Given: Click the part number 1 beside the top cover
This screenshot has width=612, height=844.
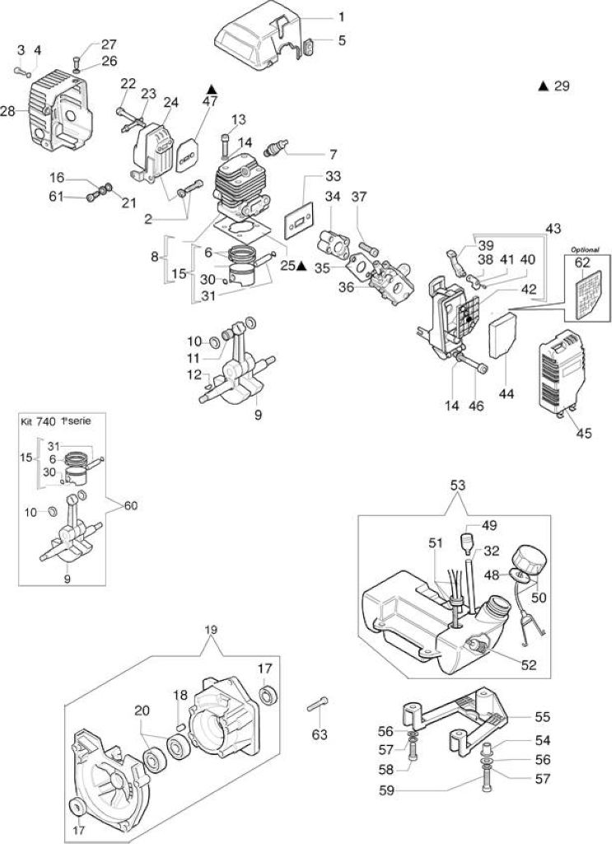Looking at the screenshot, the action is [x=341, y=17].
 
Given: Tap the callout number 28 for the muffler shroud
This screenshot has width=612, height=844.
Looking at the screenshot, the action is [x=8, y=112].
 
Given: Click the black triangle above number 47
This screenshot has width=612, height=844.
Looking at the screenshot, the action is [x=211, y=89].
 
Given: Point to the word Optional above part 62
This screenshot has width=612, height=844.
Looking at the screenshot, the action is [x=585, y=250].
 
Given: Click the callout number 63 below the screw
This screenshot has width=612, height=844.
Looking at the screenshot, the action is [x=320, y=734].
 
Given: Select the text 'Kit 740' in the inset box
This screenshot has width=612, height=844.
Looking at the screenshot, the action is [x=38, y=421].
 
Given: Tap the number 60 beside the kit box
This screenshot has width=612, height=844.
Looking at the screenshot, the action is [x=131, y=505].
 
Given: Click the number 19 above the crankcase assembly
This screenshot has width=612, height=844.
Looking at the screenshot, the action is [x=212, y=629].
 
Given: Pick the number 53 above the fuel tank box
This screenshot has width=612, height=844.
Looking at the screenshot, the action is [x=458, y=485].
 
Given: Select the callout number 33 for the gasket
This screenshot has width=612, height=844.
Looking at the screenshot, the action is [x=333, y=176].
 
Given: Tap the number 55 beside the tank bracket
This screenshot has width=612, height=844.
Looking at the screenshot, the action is [x=543, y=716].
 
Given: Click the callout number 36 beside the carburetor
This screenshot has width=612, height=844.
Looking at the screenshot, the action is [x=347, y=288].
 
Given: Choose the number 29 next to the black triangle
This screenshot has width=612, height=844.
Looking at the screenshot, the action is [x=561, y=86].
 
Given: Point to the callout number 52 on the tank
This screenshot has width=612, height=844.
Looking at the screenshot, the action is [x=529, y=665].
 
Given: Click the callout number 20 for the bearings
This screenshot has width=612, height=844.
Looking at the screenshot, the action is [x=142, y=710].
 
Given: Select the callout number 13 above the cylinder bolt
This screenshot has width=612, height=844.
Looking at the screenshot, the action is [x=239, y=119].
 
